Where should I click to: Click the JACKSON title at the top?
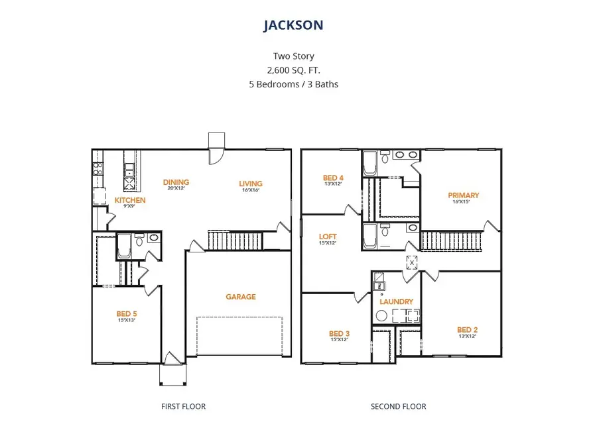pyautogui.click(x=293, y=25)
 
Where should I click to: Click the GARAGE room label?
pyautogui.click(x=240, y=297)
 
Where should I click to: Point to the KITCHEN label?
pyautogui.click(x=130, y=200)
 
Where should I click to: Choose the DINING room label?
pyautogui.click(x=176, y=182)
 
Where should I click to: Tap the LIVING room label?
pyautogui.click(x=251, y=184)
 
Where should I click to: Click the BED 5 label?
pyautogui.click(x=127, y=313)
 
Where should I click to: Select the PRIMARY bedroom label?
pyautogui.click(x=463, y=195)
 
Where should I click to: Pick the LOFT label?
pyautogui.click(x=328, y=237)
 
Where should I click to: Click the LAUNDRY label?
pyautogui.click(x=396, y=301)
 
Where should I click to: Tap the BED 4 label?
pyautogui.click(x=333, y=178)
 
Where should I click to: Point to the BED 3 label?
pyautogui.click(x=338, y=333)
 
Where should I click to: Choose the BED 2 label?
pyautogui.click(x=467, y=329)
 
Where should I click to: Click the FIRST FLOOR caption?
pyautogui.click(x=183, y=406)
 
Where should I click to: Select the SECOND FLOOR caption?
pyautogui.click(x=398, y=406)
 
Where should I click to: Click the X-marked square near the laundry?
pyautogui.click(x=411, y=262)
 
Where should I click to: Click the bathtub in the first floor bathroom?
pyautogui.click(x=124, y=246)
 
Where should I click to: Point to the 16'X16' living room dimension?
pyautogui.click(x=251, y=191)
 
